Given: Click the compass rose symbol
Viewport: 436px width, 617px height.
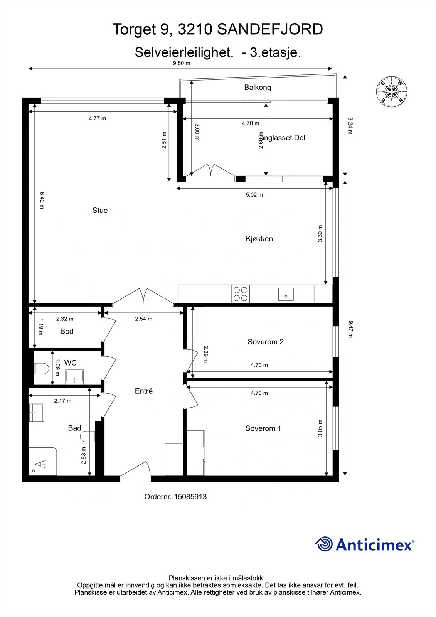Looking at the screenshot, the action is coord(391,91).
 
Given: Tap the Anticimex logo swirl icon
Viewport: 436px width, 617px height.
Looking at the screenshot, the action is coord(324,544).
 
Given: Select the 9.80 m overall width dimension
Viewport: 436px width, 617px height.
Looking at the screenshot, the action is coord(182,63).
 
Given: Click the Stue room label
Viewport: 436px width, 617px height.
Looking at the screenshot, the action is coord(100,211).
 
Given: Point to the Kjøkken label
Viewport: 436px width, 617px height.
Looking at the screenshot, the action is coord(259,239).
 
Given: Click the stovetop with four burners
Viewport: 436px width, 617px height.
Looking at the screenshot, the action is coord(241,294).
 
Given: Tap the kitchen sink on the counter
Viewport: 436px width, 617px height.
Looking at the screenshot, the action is coord(286,294).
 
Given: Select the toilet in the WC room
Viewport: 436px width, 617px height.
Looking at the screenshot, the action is coord(41,368).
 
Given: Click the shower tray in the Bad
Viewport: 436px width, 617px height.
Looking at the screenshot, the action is coord(43,461).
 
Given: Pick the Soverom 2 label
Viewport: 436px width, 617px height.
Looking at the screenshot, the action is coord(266,342).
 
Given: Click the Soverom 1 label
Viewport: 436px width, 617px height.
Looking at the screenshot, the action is coord(263,428).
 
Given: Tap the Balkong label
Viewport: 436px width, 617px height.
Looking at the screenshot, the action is coord(258,88).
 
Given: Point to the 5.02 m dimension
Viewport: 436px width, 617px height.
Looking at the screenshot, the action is coord(254,195).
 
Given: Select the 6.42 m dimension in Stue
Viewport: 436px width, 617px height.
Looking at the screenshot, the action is coord(42,201).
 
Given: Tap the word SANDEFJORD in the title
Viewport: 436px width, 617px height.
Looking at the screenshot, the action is coord(270,29).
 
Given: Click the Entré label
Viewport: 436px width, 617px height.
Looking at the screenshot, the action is coord(144,391).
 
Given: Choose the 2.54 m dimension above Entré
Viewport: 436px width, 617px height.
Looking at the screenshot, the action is coord(143,319).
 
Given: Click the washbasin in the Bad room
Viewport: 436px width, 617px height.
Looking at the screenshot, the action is coord(36,413).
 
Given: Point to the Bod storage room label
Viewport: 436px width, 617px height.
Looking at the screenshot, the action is coord(67,331).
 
